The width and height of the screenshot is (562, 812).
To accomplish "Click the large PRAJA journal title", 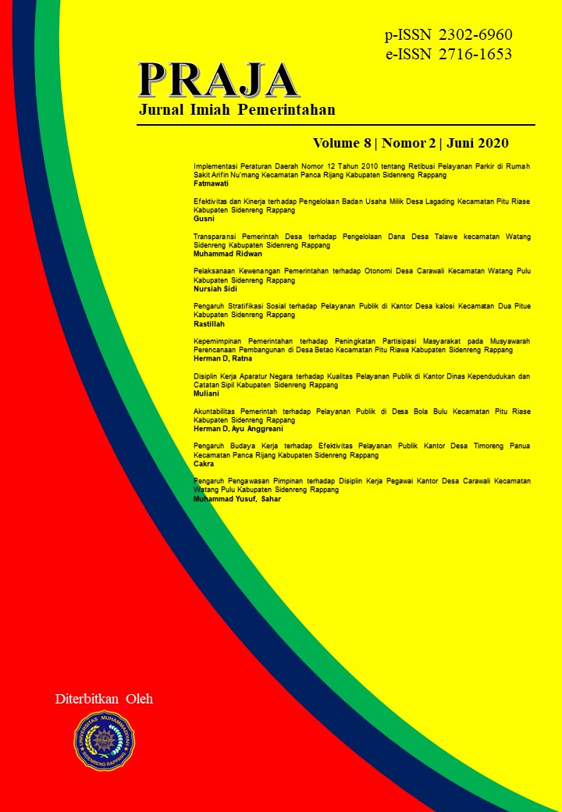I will click(219, 80).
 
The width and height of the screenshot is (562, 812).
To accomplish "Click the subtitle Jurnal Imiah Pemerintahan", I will click(237, 110).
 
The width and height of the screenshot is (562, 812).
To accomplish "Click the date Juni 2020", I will click(477, 143).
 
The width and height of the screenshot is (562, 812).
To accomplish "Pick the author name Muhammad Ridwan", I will click(227, 255).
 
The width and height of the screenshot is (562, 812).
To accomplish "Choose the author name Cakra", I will click(203, 464).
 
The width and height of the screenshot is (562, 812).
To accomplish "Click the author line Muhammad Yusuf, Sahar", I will click(237, 498).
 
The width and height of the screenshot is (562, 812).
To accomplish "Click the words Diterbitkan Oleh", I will click(104, 699).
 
